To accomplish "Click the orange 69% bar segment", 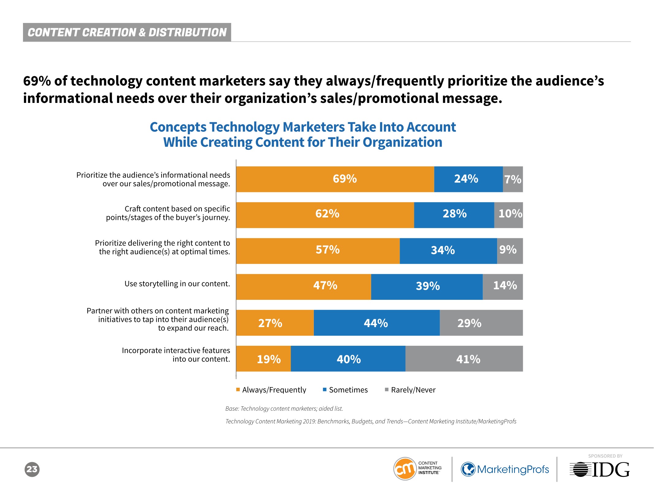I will (x=335, y=179).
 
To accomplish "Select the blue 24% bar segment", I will (x=468, y=179).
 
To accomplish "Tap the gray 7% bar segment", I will (x=513, y=179).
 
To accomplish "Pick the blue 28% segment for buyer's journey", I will (x=454, y=215).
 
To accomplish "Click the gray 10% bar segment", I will (x=508, y=215).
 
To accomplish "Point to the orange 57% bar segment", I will (x=318, y=251).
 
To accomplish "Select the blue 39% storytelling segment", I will (x=427, y=287).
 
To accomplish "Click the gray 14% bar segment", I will (x=503, y=287).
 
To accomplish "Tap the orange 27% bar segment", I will (x=275, y=322).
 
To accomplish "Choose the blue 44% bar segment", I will (x=377, y=322).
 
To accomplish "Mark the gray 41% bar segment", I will (x=464, y=359).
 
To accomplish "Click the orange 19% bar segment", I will (x=263, y=359).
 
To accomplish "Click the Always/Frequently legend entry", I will (x=271, y=390).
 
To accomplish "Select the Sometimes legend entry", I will (x=345, y=390).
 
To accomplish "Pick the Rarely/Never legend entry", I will (x=410, y=390).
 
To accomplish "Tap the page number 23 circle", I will (x=32, y=469).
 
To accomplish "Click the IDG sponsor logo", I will (x=599, y=469).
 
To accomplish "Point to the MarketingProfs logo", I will (x=505, y=469).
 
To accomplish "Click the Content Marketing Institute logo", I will (x=417, y=469).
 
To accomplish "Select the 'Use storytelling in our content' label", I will (x=177, y=284).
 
